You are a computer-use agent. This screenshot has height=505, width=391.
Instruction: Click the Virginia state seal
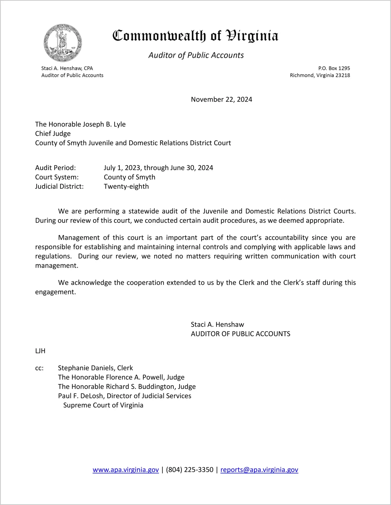(x=63, y=43)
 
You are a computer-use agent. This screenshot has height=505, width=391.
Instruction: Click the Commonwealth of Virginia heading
(x=195, y=36)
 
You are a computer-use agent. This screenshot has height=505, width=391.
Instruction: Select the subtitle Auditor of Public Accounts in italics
(x=196, y=55)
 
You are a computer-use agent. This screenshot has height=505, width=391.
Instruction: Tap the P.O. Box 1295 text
(x=334, y=68)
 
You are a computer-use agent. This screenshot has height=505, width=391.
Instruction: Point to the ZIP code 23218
(x=343, y=75)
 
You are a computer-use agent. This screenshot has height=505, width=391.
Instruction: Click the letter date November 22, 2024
(x=221, y=99)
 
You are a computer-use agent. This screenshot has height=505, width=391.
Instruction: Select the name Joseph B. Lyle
(x=104, y=124)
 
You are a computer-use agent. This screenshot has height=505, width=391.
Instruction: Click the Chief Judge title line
(x=53, y=134)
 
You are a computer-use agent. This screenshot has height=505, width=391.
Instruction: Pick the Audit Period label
(x=55, y=168)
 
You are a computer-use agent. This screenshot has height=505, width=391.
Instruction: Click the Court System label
(x=57, y=177)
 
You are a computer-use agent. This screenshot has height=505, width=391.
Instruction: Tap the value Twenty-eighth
(x=126, y=186)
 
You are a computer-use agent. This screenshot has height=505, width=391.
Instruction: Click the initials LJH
(x=40, y=351)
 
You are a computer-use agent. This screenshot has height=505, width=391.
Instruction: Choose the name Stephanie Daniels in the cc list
(x=86, y=368)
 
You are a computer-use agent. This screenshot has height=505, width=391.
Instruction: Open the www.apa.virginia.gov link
(x=126, y=470)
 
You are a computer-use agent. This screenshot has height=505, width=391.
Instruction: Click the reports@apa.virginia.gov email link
(x=259, y=470)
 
